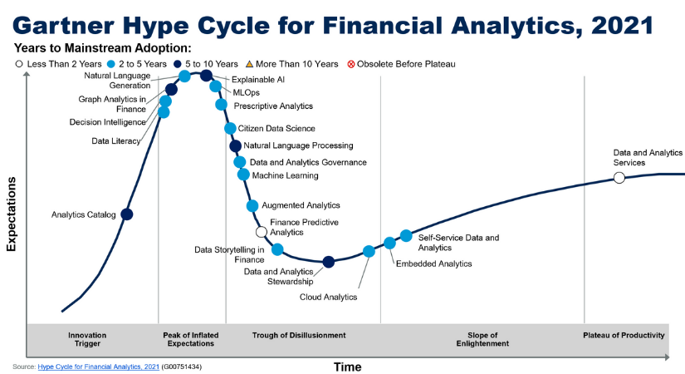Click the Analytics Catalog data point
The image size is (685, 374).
tap(127, 214)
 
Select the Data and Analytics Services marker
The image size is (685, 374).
tap(619, 178)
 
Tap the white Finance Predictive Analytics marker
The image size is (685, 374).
tap(262, 232)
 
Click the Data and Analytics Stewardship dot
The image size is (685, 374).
tap(328, 262)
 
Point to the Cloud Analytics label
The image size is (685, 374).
tap(328, 297)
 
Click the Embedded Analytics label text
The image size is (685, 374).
tap(433, 263)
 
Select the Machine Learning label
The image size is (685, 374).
tap(285, 175)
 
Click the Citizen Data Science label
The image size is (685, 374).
tap(276, 129)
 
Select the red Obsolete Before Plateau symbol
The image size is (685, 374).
tap(351, 64)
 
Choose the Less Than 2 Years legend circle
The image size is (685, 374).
tap(19, 64)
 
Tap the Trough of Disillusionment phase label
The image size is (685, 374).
tap(299, 335)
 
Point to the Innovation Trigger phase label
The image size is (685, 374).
tap(87, 339)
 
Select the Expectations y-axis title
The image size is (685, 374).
tap(11, 213)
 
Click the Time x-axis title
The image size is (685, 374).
tap(347, 367)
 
